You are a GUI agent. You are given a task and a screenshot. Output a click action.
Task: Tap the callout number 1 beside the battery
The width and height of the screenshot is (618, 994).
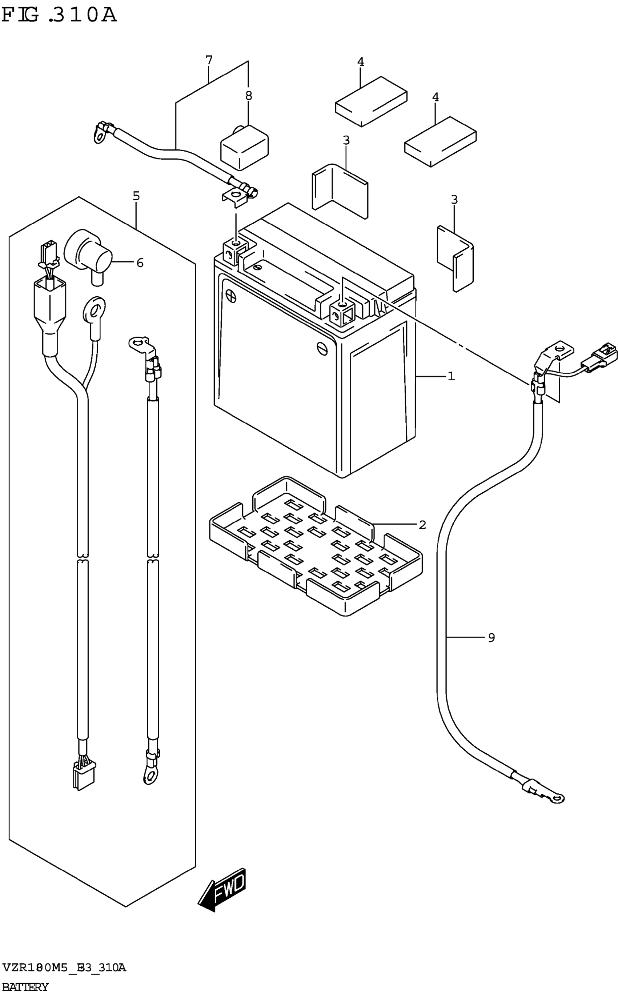click(451, 376)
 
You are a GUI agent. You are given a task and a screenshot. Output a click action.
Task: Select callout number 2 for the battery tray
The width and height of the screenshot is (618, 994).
click(422, 524)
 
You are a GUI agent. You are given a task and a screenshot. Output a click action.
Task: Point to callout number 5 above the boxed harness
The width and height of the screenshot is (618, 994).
click(136, 196)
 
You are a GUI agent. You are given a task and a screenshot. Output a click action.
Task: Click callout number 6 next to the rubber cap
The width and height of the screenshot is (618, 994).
click(140, 263)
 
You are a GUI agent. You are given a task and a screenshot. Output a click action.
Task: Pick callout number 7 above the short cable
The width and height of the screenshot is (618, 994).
click(209, 60)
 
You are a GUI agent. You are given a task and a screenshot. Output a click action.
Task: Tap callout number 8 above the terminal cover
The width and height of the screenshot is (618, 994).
click(249, 96)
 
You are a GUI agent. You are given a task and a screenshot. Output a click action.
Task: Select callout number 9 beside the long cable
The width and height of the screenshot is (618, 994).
click(491, 637)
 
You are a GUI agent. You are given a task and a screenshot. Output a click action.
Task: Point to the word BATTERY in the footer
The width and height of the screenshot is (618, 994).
click(25, 987)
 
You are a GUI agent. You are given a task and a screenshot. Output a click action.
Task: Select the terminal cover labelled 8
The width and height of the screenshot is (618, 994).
click(244, 148)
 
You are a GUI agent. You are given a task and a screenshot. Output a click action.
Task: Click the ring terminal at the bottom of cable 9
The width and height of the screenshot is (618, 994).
click(557, 797)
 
